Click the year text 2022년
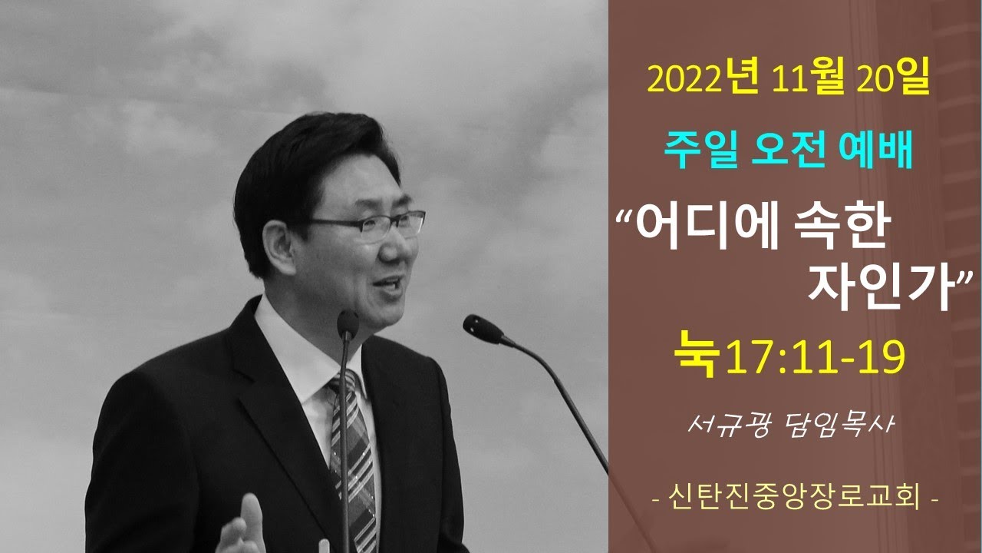click(703, 79)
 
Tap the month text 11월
click(808, 79)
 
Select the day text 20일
click(892, 79)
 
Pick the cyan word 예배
click(875, 149)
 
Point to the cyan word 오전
click(789, 149)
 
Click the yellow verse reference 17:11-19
click(816, 357)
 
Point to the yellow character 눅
click(697, 354)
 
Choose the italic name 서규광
click(727, 425)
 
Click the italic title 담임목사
click(838, 425)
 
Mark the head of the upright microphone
click(348, 324)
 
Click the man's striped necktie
click(354, 461)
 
